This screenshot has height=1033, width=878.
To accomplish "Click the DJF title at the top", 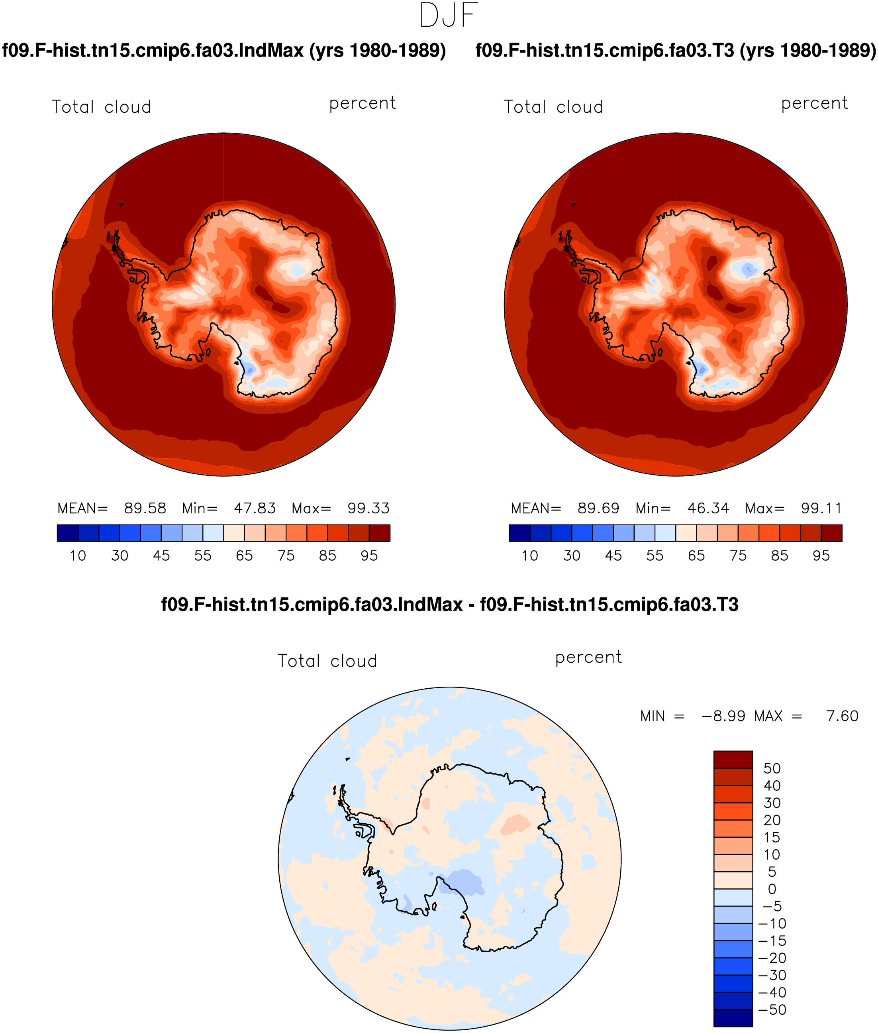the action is click(449, 16).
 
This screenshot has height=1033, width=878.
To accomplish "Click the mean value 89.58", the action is click(145, 508).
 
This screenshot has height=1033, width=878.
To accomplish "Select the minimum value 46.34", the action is click(708, 508).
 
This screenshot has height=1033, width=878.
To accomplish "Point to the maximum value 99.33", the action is click(368, 508).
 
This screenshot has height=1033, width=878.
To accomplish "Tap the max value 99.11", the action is click(821, 508).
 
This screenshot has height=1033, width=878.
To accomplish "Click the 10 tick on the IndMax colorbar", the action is click(78, 556).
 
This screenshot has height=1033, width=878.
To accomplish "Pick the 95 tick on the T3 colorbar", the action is click(821, 556).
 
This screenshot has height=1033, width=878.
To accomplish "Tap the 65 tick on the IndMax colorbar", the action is click(244, 556).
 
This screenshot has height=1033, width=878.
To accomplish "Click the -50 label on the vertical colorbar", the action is click(772, 1009).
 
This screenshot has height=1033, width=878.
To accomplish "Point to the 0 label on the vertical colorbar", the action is click(772, 889).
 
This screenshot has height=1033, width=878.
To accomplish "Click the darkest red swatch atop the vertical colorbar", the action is click(733, 759).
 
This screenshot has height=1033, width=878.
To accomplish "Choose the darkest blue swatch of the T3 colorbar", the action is click(519, 533).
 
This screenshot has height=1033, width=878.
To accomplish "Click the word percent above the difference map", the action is click(588, 658).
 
